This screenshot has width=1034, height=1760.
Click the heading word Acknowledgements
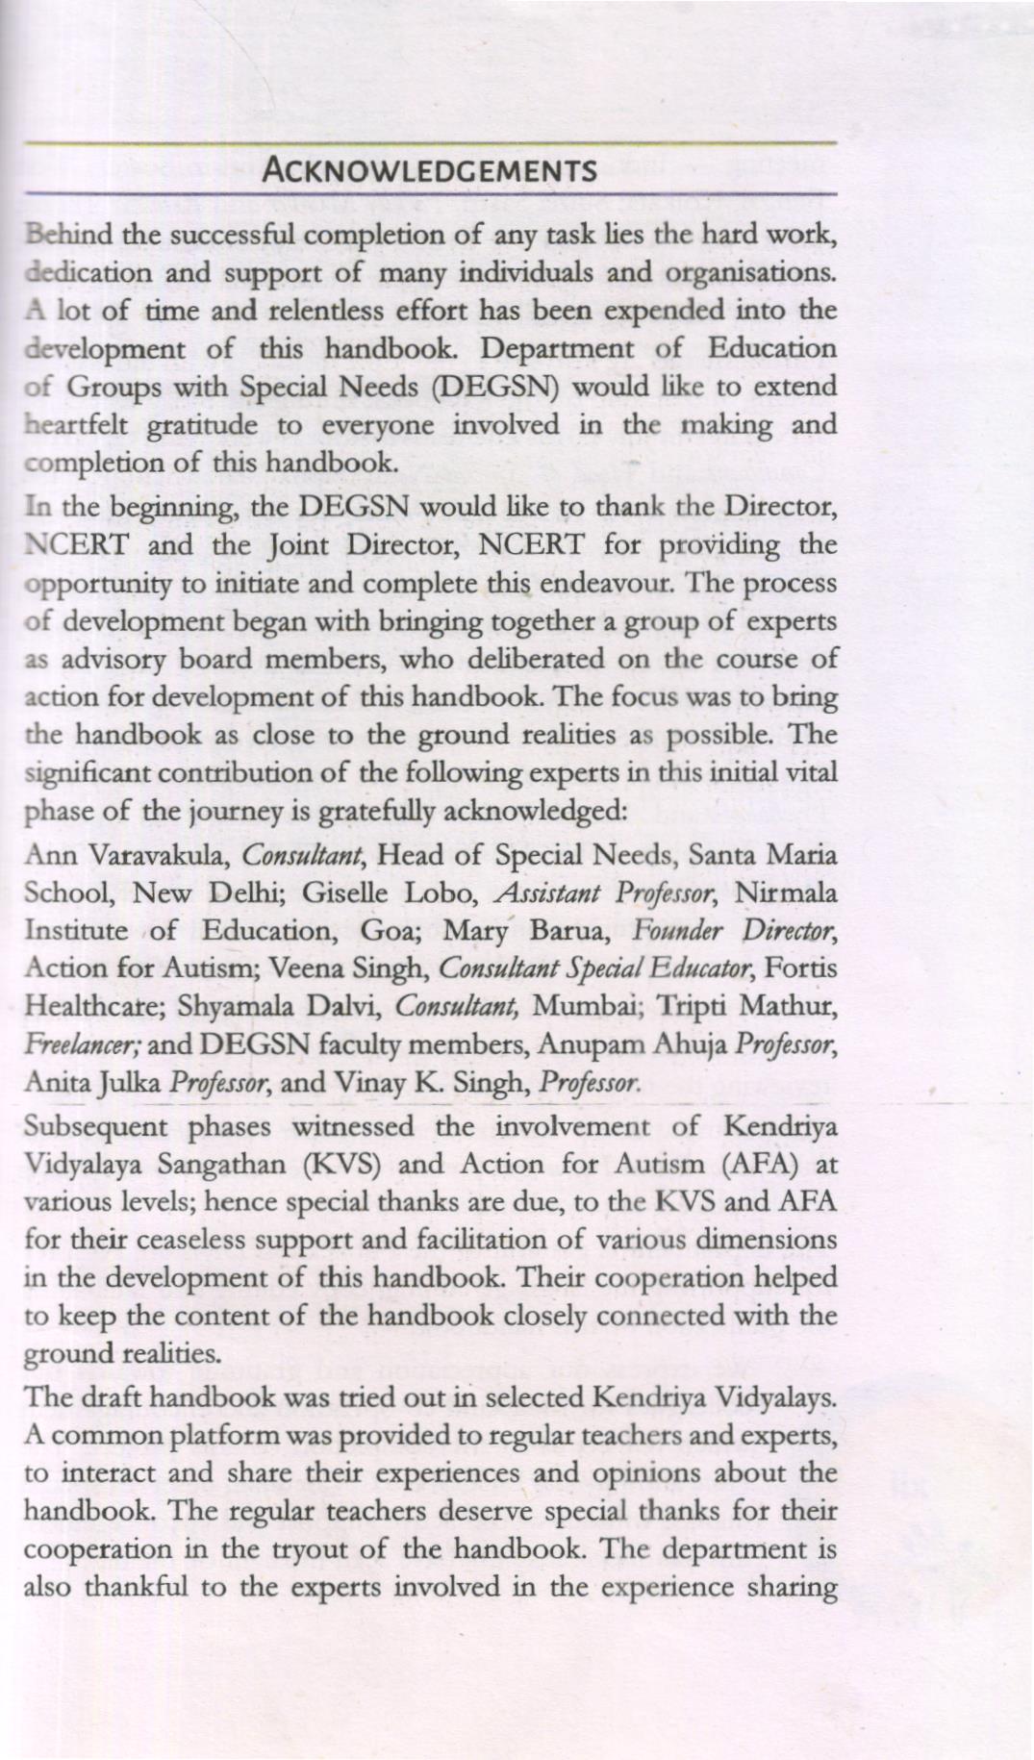(x=430, y=171)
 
